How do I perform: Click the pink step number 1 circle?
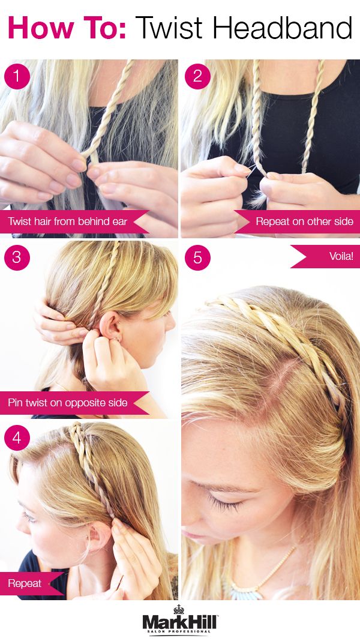[x=17, y=76]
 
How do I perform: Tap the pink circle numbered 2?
[x=197, y=76]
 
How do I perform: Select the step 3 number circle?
[x=17, y=257]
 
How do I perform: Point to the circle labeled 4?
[x=17, y=438]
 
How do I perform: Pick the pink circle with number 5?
[x=197, y=257]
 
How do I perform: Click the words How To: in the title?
[x=67, y=28]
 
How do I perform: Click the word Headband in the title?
[x=283, y=28]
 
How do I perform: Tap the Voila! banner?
[x=325, y=256]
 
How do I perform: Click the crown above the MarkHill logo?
[x=179, y=610]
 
